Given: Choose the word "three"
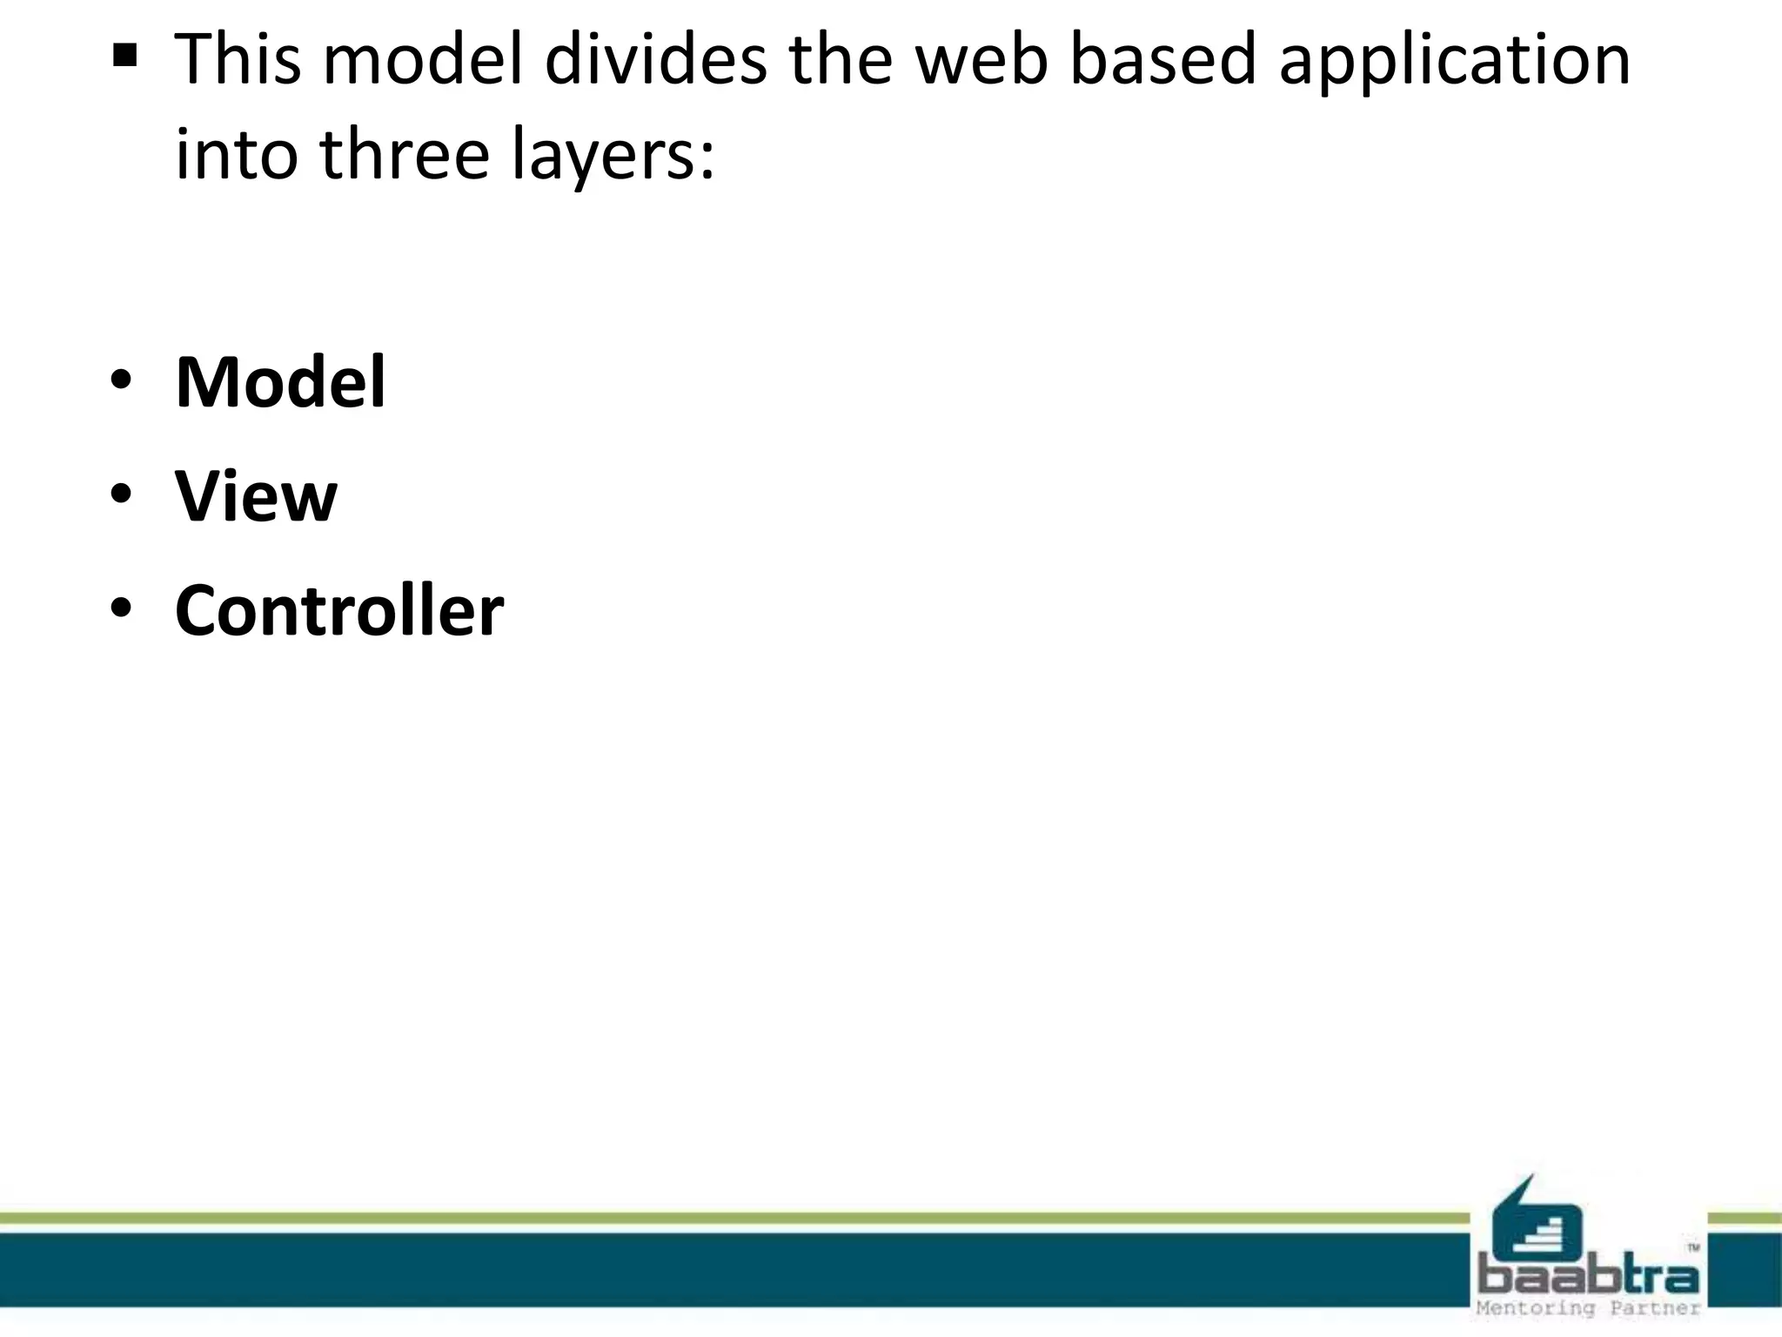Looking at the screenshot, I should click(405, 154).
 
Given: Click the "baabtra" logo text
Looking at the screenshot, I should click(1588, 1277).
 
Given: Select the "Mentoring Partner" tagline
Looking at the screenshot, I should click(1588, 1308).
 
